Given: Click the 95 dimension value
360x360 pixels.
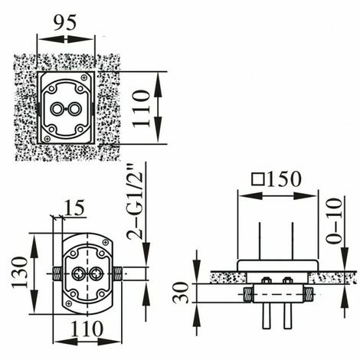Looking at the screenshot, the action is [x=65, y=22].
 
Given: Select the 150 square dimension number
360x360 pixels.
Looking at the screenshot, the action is [x=283, y=179].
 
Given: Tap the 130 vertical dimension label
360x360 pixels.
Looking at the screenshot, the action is [x=20, y=273].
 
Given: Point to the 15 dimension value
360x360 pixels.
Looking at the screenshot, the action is [x=74, y=208].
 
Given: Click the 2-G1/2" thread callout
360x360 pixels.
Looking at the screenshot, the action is [x=135, y=201].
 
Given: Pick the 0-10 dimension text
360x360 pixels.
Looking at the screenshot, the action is [x=334, y=221].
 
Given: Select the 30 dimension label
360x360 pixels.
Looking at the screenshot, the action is [x=181, y=293].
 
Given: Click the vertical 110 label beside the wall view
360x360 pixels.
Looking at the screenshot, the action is [x=141, y=108].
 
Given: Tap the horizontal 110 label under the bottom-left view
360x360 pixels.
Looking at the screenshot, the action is [x=87, y=329].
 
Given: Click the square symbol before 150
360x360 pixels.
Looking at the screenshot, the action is [x=257, y=179].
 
